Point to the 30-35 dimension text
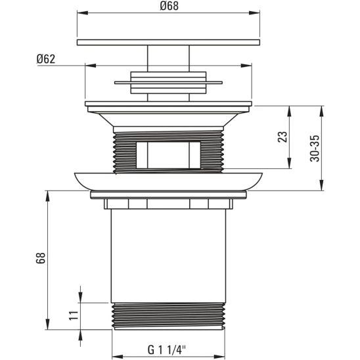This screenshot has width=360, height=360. tap(315, 149)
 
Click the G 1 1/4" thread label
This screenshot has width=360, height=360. tap(167, 349)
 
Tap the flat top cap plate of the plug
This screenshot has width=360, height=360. tap(168, 43)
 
